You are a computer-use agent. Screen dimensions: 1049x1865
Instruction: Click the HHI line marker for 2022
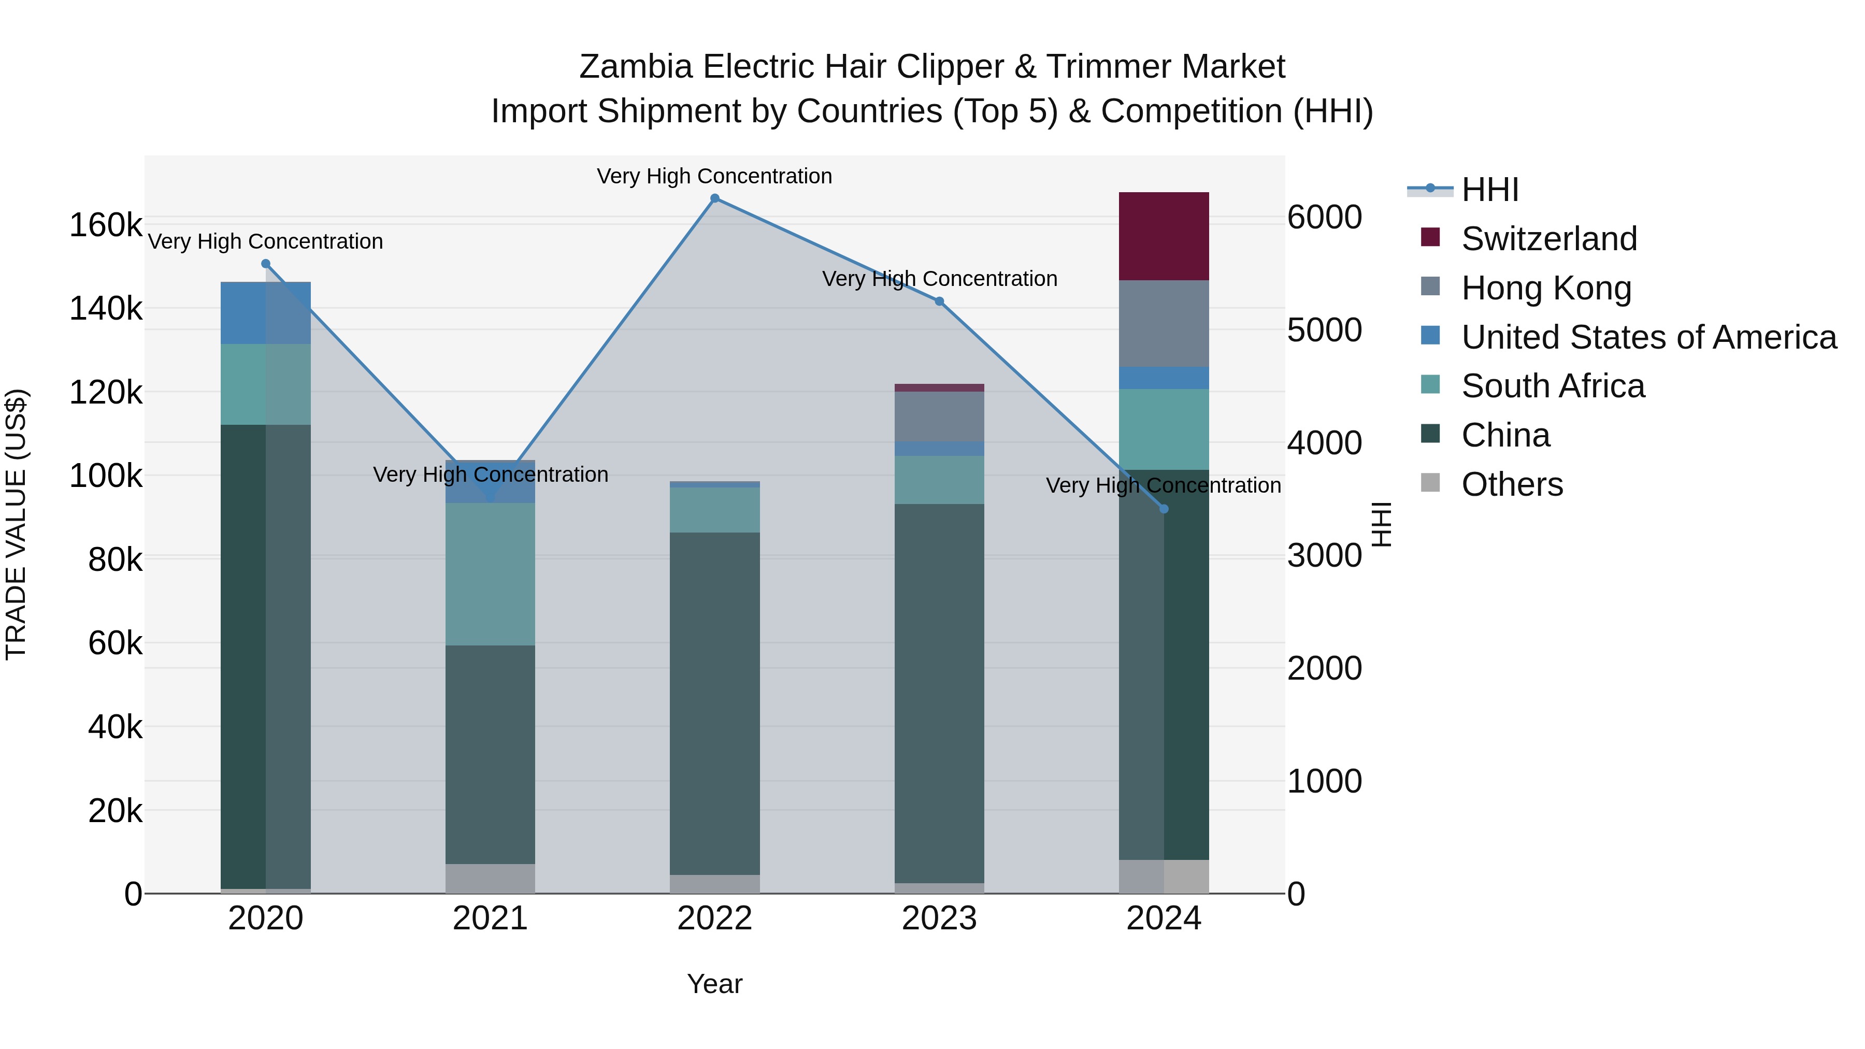(714, 198)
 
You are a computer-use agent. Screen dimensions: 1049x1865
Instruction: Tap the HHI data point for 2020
(266, 264)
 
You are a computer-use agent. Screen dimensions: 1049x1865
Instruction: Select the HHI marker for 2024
(1164, 509)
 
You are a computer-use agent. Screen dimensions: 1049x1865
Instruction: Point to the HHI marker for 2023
(940, 301)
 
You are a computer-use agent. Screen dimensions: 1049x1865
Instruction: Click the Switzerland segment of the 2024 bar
(1164, 236)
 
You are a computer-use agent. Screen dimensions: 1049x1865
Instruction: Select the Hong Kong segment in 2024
(1164, 324)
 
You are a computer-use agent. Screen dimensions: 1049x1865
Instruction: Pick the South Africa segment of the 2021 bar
(490, 574)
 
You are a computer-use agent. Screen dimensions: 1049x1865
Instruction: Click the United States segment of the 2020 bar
(266, 313)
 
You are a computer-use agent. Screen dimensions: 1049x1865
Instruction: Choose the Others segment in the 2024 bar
(1164, 876)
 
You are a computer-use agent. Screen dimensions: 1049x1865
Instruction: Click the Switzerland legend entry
(1548, 239)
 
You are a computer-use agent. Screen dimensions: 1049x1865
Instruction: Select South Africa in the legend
(1552, 386)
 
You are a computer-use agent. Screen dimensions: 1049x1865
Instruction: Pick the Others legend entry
(1512, 484)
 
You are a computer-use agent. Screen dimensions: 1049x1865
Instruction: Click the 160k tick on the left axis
(106, 225)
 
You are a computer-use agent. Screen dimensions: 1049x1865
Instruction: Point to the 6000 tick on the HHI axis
(1324, 217)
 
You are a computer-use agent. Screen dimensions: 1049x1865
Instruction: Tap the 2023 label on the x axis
(939, 918)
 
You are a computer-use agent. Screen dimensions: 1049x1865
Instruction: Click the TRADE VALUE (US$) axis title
(17, 524)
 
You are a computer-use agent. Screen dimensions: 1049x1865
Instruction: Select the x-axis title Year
(714, 984)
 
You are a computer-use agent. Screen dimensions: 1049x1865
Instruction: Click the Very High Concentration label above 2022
(714, 176)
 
